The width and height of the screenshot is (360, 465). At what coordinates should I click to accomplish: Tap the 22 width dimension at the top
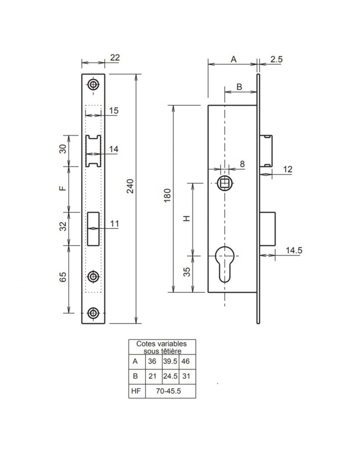115,58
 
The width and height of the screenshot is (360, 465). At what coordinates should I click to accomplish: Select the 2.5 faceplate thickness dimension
276,59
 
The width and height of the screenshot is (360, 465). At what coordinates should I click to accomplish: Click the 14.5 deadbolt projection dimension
294,250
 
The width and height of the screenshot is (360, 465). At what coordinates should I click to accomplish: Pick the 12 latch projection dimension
288,169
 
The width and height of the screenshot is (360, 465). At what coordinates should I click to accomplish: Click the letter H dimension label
187,218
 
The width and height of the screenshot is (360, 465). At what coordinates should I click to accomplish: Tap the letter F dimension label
63,188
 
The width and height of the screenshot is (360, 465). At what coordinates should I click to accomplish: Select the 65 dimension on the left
63,277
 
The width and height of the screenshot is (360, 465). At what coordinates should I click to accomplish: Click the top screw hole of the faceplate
93,85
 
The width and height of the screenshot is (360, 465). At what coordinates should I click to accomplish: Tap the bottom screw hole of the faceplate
93,313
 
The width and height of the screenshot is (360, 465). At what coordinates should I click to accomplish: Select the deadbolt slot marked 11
93,229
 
